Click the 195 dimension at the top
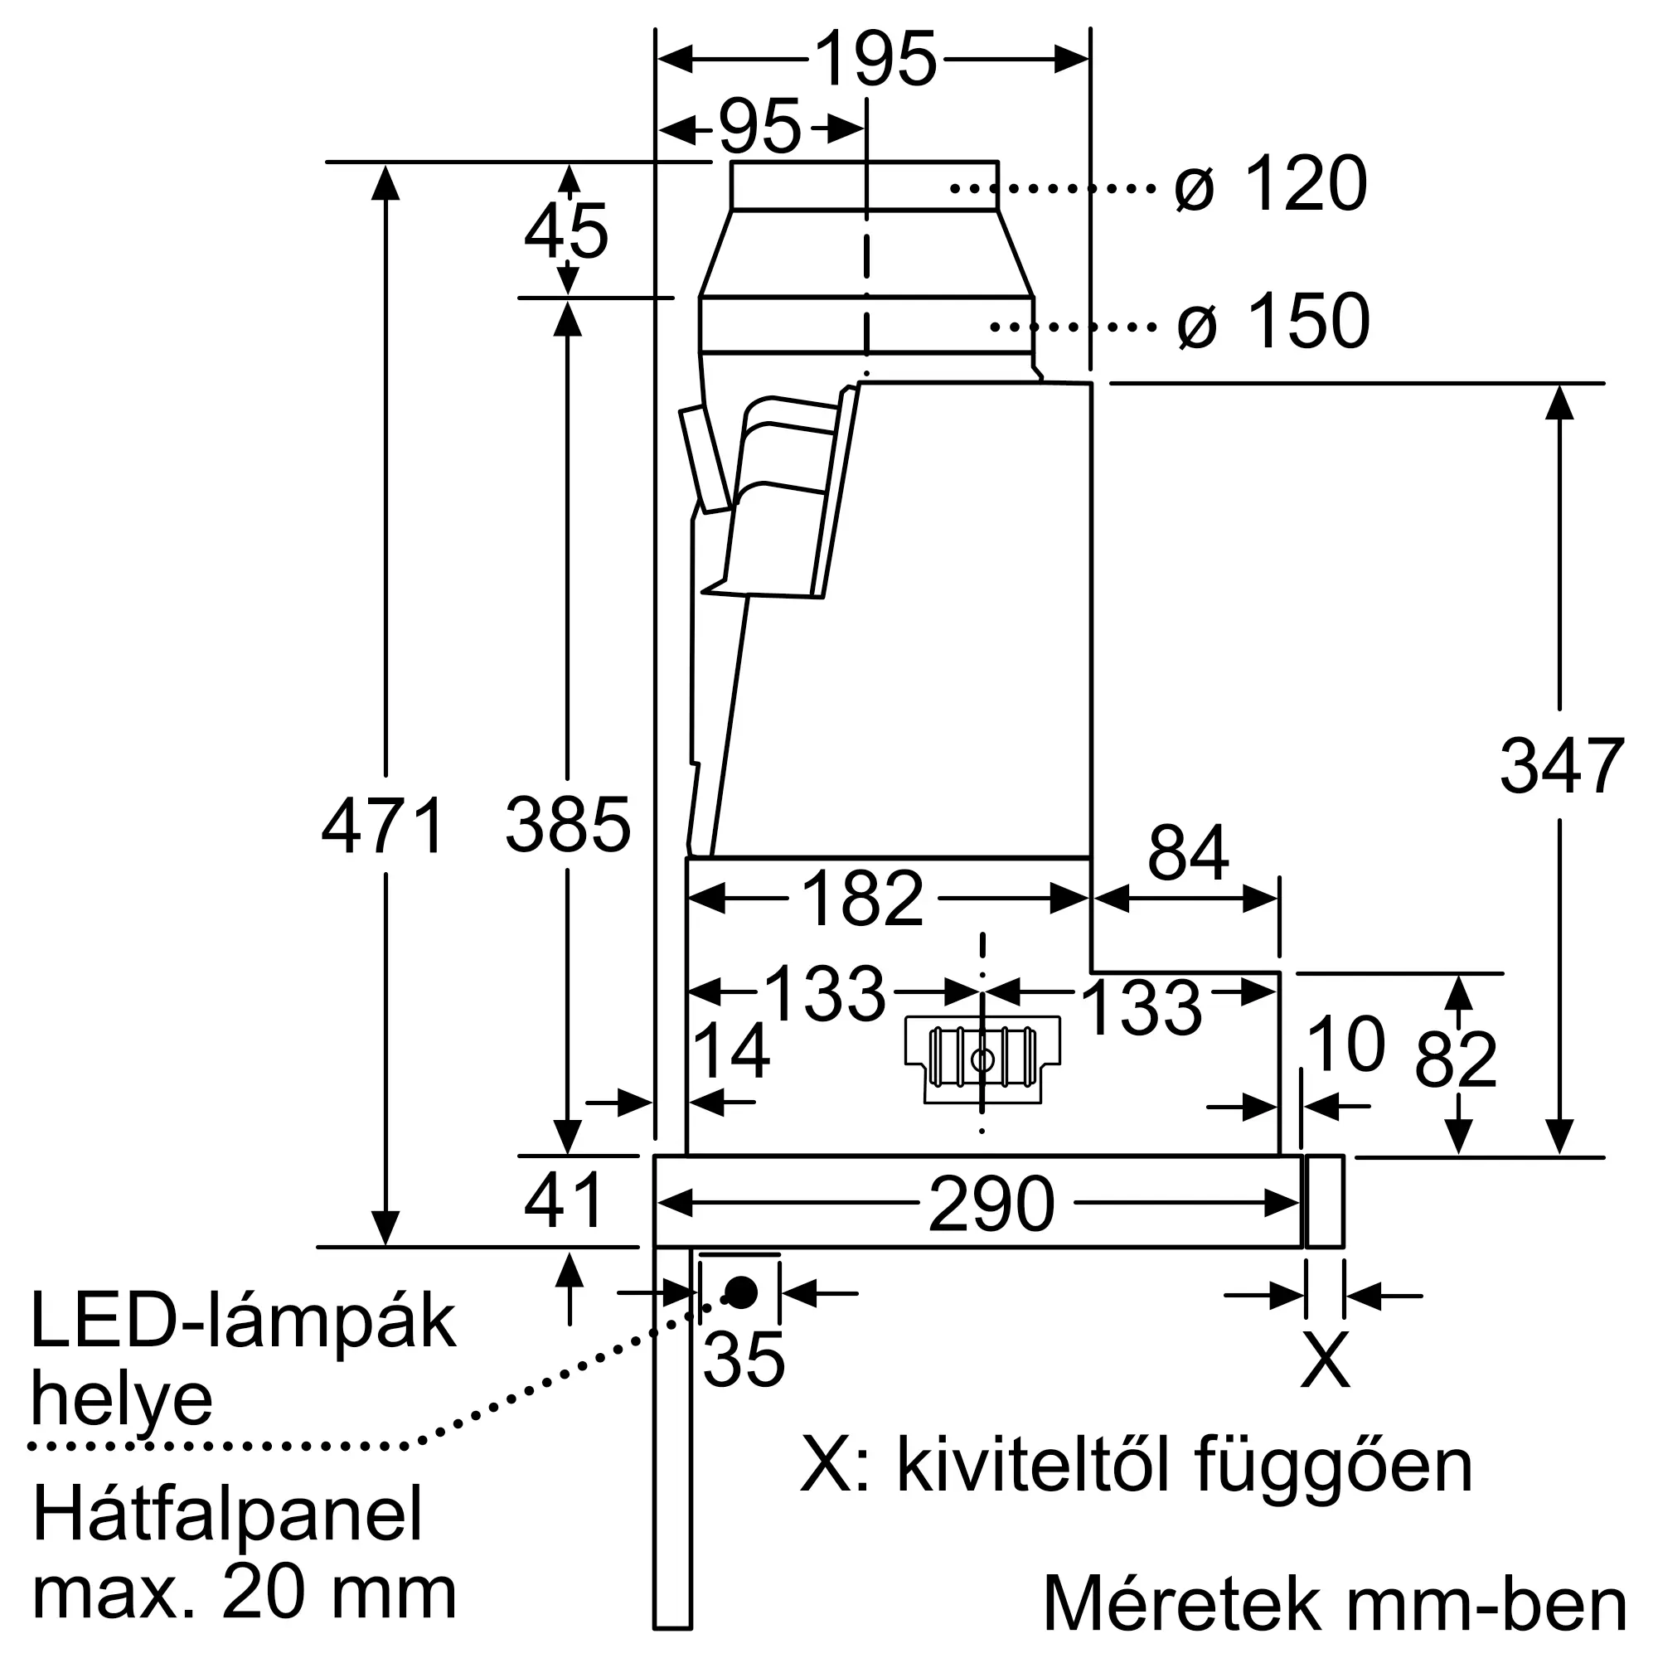pos(875,59)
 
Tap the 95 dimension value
pos(759,128)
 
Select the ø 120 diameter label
pos(1270,184)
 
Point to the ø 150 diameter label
pos(1273,321)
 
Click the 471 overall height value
pos(384,827)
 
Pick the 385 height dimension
pos(567,827)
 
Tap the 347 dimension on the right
pos(1562,766)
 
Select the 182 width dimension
pos(861,899)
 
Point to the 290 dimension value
pos(991,1205)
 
